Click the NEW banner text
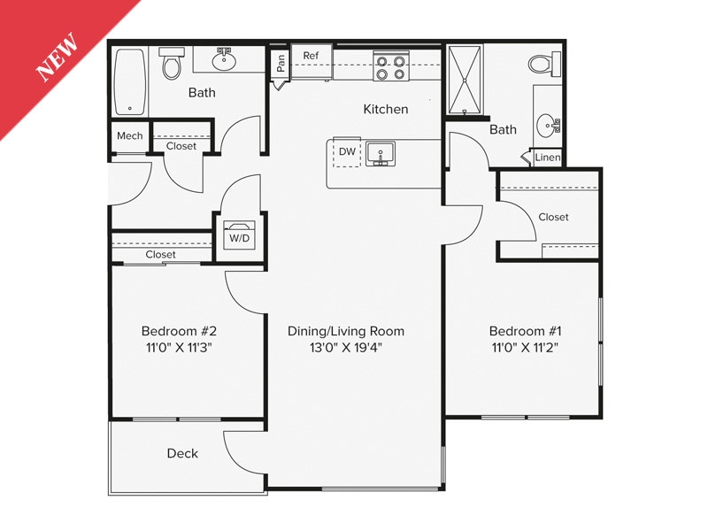[x=58, y=58]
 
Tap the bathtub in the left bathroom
[x=131, y=81]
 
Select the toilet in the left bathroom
[x=171, y=64]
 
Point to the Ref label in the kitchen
[x=311, y=56]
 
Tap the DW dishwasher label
[x=348, y=151]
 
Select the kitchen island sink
[x=382, y=154]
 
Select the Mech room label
[x=129, y=136]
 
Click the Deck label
[x=182, y=453]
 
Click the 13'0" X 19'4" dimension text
[x=346, y=347]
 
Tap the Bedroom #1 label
[x=526, y=331]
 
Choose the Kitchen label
[x=386, y=110]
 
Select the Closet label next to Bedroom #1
[x=553, y=217]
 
